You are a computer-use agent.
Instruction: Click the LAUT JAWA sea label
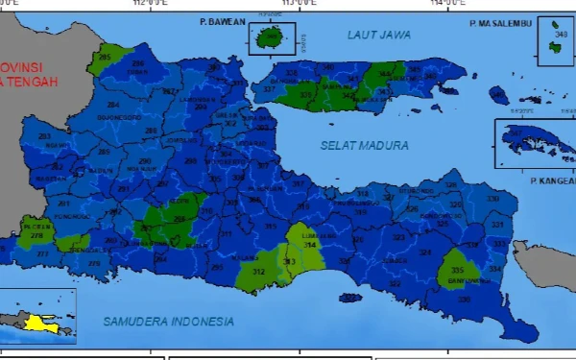(x=378, y=35)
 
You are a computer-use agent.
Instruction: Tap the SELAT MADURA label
(x=364, y=146)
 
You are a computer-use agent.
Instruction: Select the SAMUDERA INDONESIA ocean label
(x=168, y=320)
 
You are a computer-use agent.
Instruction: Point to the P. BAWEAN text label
(x=223, y=21)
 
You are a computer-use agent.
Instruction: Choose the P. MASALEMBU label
(x=500, y=23)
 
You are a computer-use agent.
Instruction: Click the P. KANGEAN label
(x=551, y=180)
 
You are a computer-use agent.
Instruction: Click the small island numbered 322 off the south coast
(x=351, y=299)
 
